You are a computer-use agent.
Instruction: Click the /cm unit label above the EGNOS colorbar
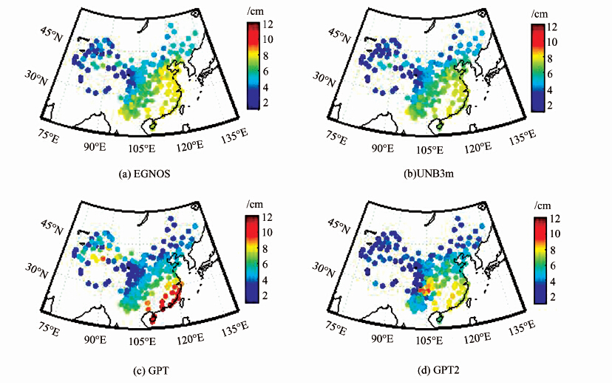[254, 13]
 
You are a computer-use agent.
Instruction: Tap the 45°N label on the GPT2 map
[340, 225]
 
